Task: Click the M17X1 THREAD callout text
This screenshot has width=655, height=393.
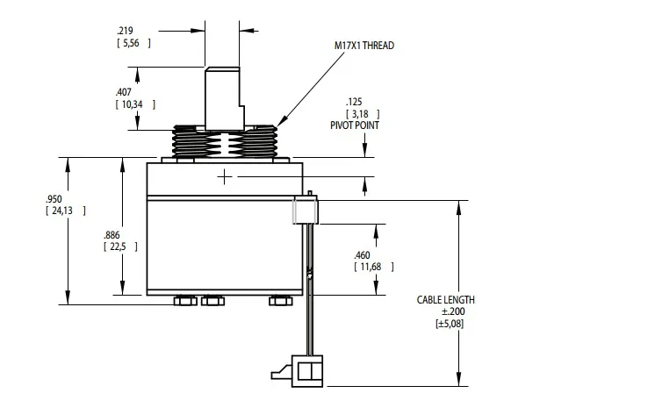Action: [x=363, y=46]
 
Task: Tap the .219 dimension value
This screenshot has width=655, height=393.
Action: [x=125, y=31]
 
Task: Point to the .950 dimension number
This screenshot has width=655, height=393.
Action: [x=54, y=199]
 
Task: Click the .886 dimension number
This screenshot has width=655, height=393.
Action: [x=112, y=235]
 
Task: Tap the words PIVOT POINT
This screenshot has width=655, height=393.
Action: [x=355, y=125]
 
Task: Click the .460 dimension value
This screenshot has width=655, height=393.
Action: [x=362, y=255]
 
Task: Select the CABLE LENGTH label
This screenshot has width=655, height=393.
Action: [x=446, y=299]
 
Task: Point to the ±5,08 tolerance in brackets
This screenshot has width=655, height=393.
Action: [x=450, y=324]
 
